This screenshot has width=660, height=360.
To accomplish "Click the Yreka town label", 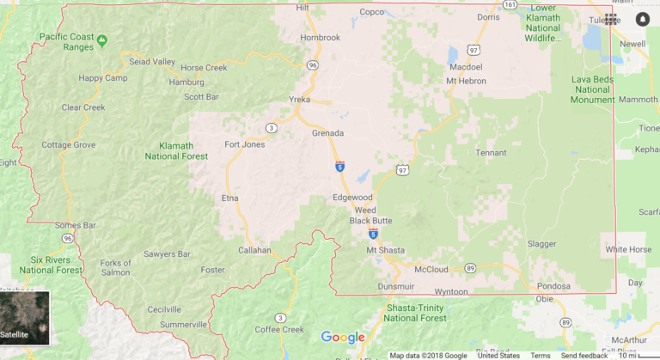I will pyautogui.click(x=298, y=99).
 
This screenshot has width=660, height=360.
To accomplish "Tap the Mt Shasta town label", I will pyautogui.click(x=384, y=250).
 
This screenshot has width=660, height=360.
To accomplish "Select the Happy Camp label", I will pyautogui.click(x=102, y=78).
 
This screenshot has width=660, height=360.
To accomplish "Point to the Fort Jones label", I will pyautogui.click(x=243, y=144).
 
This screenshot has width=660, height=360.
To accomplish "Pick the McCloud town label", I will pyautogui.click(x=431, y=269).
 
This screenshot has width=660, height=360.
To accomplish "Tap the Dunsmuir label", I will pyautogui.click(x=396, y=286).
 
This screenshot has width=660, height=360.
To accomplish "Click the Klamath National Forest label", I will pyautogui.click(x=177, y=151).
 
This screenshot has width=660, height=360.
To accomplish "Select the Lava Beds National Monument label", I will pyautogui.click(x=592, y=89).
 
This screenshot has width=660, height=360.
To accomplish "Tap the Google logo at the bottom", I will pyautogui.click(x=343, y=337).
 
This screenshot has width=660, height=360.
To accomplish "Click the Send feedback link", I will pyautogui.click(x=584, y=355).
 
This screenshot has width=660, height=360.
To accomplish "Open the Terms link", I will pyautogui.click(x=541, y=355).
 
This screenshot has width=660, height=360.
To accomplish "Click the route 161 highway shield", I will pyautogui.click(x=510, y=4).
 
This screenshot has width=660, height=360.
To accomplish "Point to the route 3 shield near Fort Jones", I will pyautogui.click(x=272, y=128).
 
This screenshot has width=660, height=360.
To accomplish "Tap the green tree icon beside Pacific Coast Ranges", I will pyautogui.click(x=102, y=40).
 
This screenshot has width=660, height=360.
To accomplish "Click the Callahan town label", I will pyautogui.click(x=254, y=251).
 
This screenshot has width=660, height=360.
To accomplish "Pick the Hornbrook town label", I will pyautogui.click(x=321, y=38).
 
